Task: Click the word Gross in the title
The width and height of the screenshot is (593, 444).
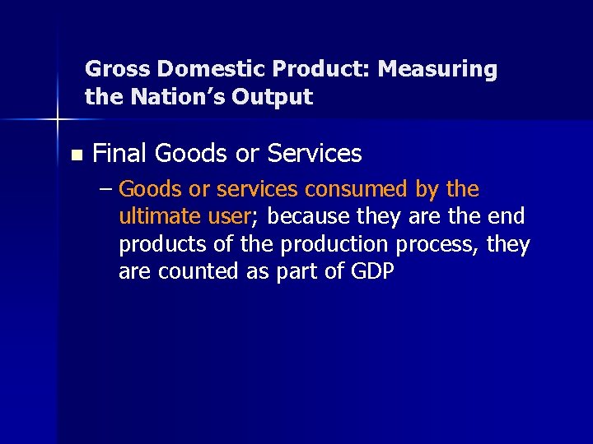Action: [111, 69]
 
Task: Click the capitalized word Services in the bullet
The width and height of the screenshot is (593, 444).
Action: [316, 153]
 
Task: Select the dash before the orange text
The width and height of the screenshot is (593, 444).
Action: [105, 190]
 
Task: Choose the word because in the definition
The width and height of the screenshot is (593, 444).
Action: [305, 217]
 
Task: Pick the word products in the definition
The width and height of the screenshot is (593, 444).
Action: [160, 245]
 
